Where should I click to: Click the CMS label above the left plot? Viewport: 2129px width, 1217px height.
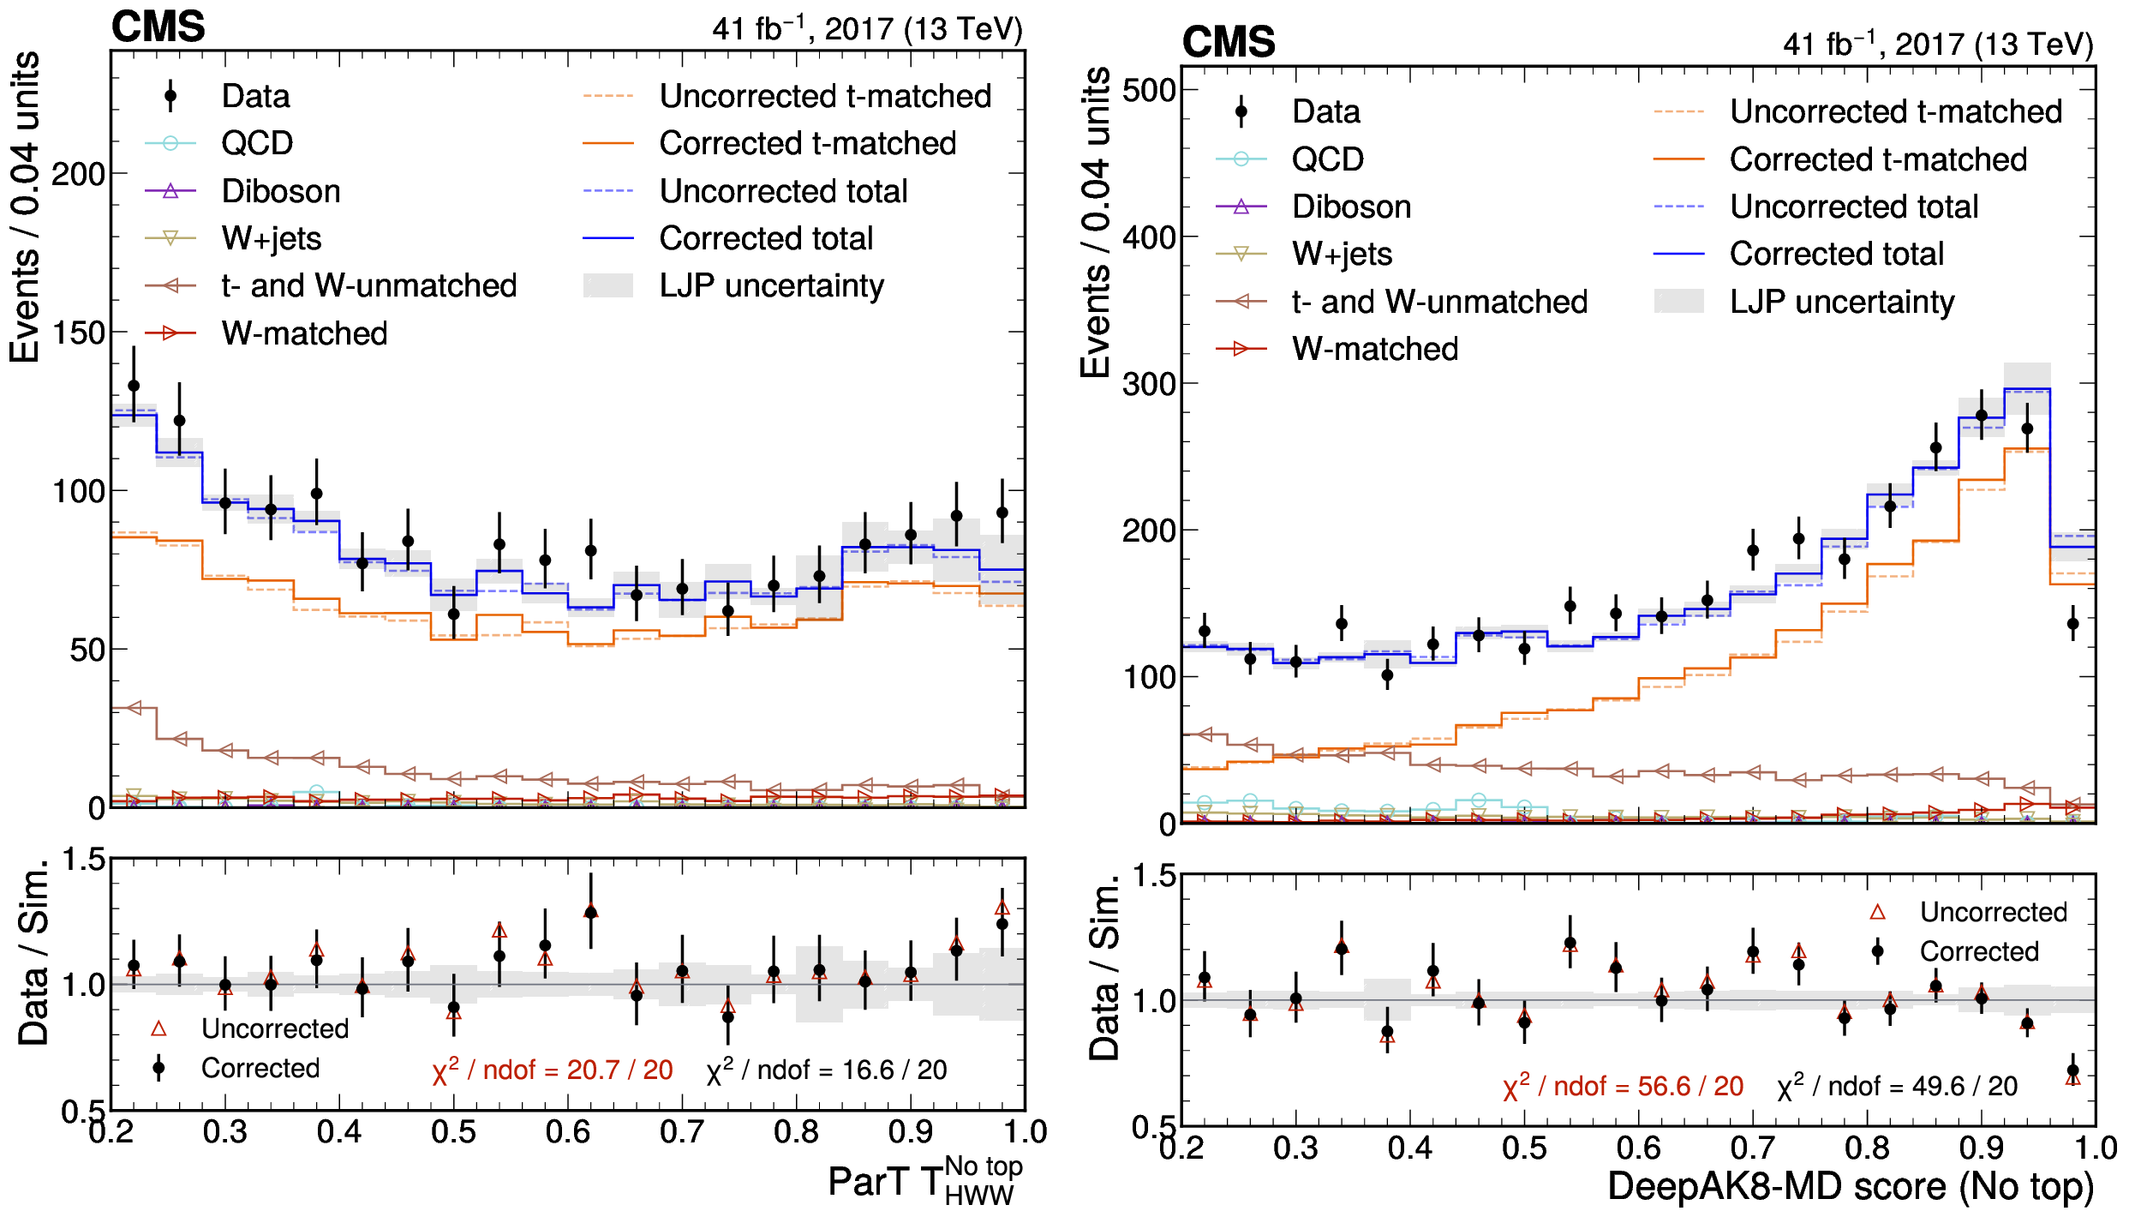pyautogui.click(x=158, y=27)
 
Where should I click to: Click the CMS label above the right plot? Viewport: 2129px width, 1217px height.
pyautogui.click(x=1229, y=43)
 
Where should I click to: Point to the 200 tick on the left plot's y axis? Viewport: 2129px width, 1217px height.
pyautogui.click(x=79, y=174)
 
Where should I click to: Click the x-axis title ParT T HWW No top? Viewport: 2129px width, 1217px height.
pyautogui.click(x=925, y=1180)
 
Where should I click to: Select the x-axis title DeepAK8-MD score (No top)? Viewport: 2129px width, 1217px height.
pyautogui.click(x=1851, y=1187)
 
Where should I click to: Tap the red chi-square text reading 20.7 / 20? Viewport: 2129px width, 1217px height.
pyautogui.click(x=553, y=1070)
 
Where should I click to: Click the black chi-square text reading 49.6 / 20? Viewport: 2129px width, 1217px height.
pyautogui.click(x=1898, y=1087)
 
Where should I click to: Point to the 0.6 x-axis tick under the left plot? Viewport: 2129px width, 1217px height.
pyautogui.click(x=568, y=1132)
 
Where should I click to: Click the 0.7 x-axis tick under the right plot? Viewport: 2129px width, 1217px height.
pyautogui.click(x=1753, y=1148)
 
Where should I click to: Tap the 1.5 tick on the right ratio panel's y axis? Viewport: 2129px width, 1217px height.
pyautogui.click(x=1155, y=876)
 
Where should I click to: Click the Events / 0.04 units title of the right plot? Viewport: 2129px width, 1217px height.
pyautogui.click(x=1096, y=223)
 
